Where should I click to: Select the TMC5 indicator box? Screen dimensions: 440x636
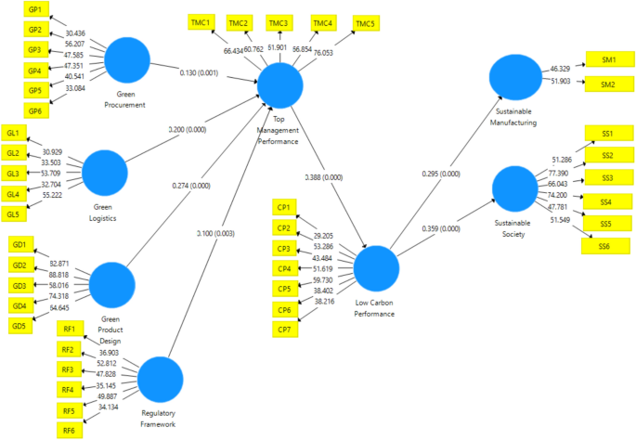coord(366,22)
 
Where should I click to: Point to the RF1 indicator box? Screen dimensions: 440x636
coord(68,330)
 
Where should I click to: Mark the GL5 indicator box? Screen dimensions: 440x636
coord(13,214)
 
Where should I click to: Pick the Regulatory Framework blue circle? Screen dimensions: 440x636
coord(160,379)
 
